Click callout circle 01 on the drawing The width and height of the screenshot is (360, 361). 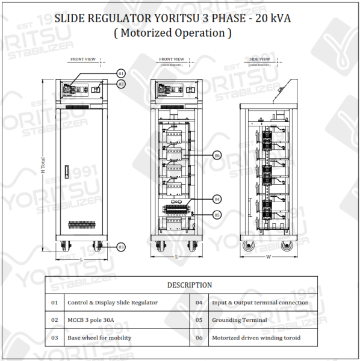coord(121,73)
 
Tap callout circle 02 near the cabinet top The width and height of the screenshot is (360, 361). coord(121,84)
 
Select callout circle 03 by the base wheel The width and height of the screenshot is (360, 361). coord(121,247)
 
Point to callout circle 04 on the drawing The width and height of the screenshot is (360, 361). coord(217,199)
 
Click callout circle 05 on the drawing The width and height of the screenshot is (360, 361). coord(217,214)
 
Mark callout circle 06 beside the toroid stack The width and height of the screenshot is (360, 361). coord(217,155)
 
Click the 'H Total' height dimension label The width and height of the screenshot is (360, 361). coord(43,166)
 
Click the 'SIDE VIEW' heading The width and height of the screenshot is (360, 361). coord(259,60)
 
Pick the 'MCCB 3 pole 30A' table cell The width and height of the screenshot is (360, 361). coord(91,320)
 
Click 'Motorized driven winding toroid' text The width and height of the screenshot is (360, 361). coord(256,338)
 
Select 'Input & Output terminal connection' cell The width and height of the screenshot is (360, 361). coord(260,303)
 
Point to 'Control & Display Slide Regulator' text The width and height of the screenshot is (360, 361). coord(113,303)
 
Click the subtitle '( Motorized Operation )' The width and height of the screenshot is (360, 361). coord(173,33)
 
